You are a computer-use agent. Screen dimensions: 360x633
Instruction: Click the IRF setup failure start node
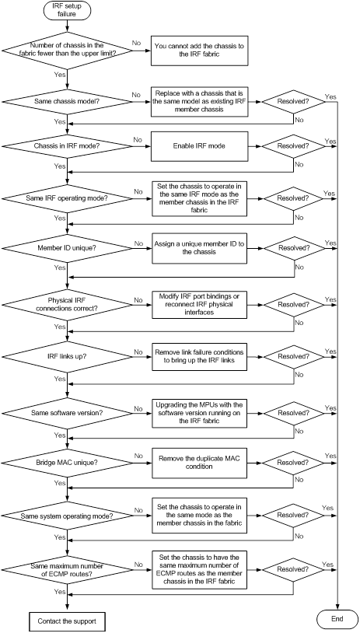(67, 9)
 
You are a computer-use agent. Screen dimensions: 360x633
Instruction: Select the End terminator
(337, 618)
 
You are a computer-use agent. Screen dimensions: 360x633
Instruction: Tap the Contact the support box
(67, 621)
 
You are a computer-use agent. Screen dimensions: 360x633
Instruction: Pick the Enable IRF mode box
(199, 145)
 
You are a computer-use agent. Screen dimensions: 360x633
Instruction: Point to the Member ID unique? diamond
(67, 247)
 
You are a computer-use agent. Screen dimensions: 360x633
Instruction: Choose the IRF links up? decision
(67, 357)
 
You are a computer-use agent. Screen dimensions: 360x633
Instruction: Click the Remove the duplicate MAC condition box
(199, 463)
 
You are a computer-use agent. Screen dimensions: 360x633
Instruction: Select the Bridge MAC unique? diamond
(67, 463)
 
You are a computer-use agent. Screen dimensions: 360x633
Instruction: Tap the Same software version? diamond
(67, 414)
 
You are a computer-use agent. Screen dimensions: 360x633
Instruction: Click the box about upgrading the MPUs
(199, 414)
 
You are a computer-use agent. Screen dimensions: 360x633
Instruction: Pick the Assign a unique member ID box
(199, 247)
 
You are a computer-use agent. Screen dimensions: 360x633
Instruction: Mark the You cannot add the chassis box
(199, 51)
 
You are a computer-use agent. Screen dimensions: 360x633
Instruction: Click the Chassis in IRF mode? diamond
(67, 145)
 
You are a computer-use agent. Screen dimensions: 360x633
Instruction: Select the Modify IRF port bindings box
(199, 304)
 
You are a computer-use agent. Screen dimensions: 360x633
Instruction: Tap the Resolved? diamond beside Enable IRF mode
(293, 145)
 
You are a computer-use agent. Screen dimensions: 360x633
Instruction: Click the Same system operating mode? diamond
(67, 516)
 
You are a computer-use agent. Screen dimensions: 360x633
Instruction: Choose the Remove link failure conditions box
(199, 357)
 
